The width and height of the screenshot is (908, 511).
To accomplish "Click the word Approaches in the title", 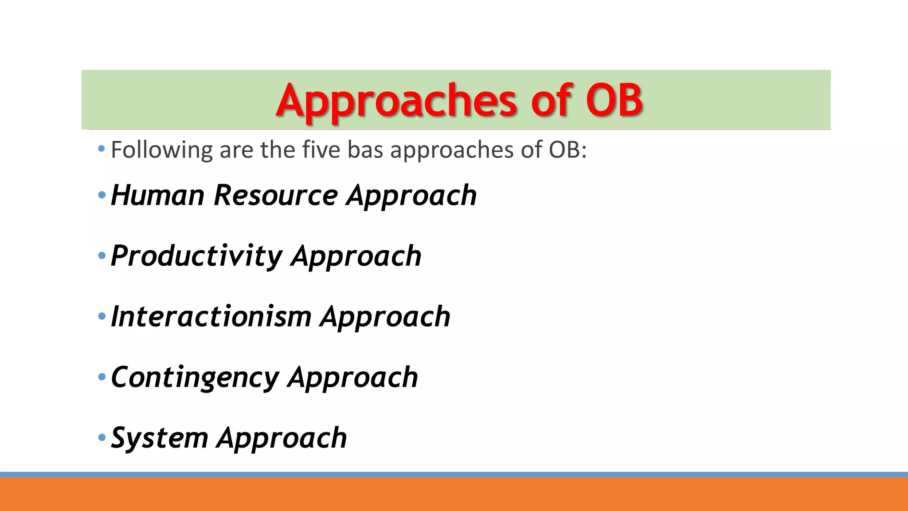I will pyautogui.click(x=396, y=101).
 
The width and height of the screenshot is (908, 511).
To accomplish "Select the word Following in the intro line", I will pyautogui.click(x=161, y=150).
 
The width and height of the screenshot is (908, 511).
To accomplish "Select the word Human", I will pyautogui.click(x=157, y=195).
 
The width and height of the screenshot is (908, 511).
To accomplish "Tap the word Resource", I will pyautogui.click(x=275, y=195).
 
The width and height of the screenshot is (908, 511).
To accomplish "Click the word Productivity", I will pyautogui.click(x=196, y=256).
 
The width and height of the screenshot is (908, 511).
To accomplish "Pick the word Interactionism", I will pyautogui.click(x=211, y=317).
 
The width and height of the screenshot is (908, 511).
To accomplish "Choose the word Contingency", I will pyautogui.click(x=195, y=378).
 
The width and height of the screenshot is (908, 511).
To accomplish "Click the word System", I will pyautogui.click(x=160, y=438).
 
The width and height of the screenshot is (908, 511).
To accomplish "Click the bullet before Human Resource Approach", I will pyautogui.click(x=102, y=195).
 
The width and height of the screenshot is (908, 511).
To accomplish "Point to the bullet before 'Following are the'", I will pyautogui.click(x=102, y=149).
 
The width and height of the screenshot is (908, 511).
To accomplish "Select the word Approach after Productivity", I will pyautogui.click(x=356, y=257).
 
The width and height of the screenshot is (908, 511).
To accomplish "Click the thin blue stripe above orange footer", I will pyautogui.click(x=454, y=474).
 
